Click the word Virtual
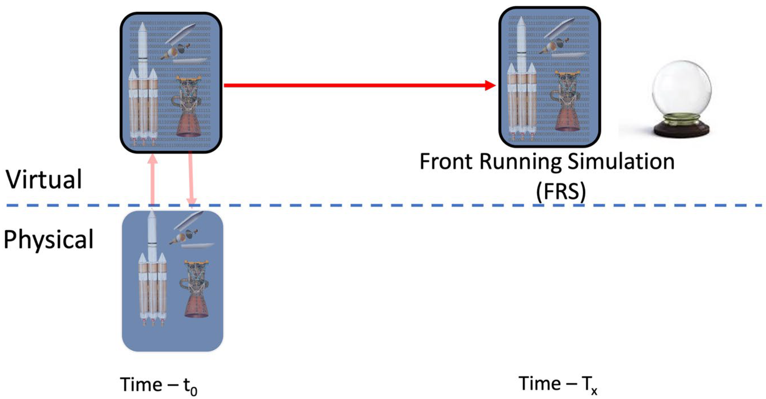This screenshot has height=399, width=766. [x=44, y=180]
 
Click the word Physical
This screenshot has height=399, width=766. [x=49, y=240]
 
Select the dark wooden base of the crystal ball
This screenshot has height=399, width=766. [x=681, y=131]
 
